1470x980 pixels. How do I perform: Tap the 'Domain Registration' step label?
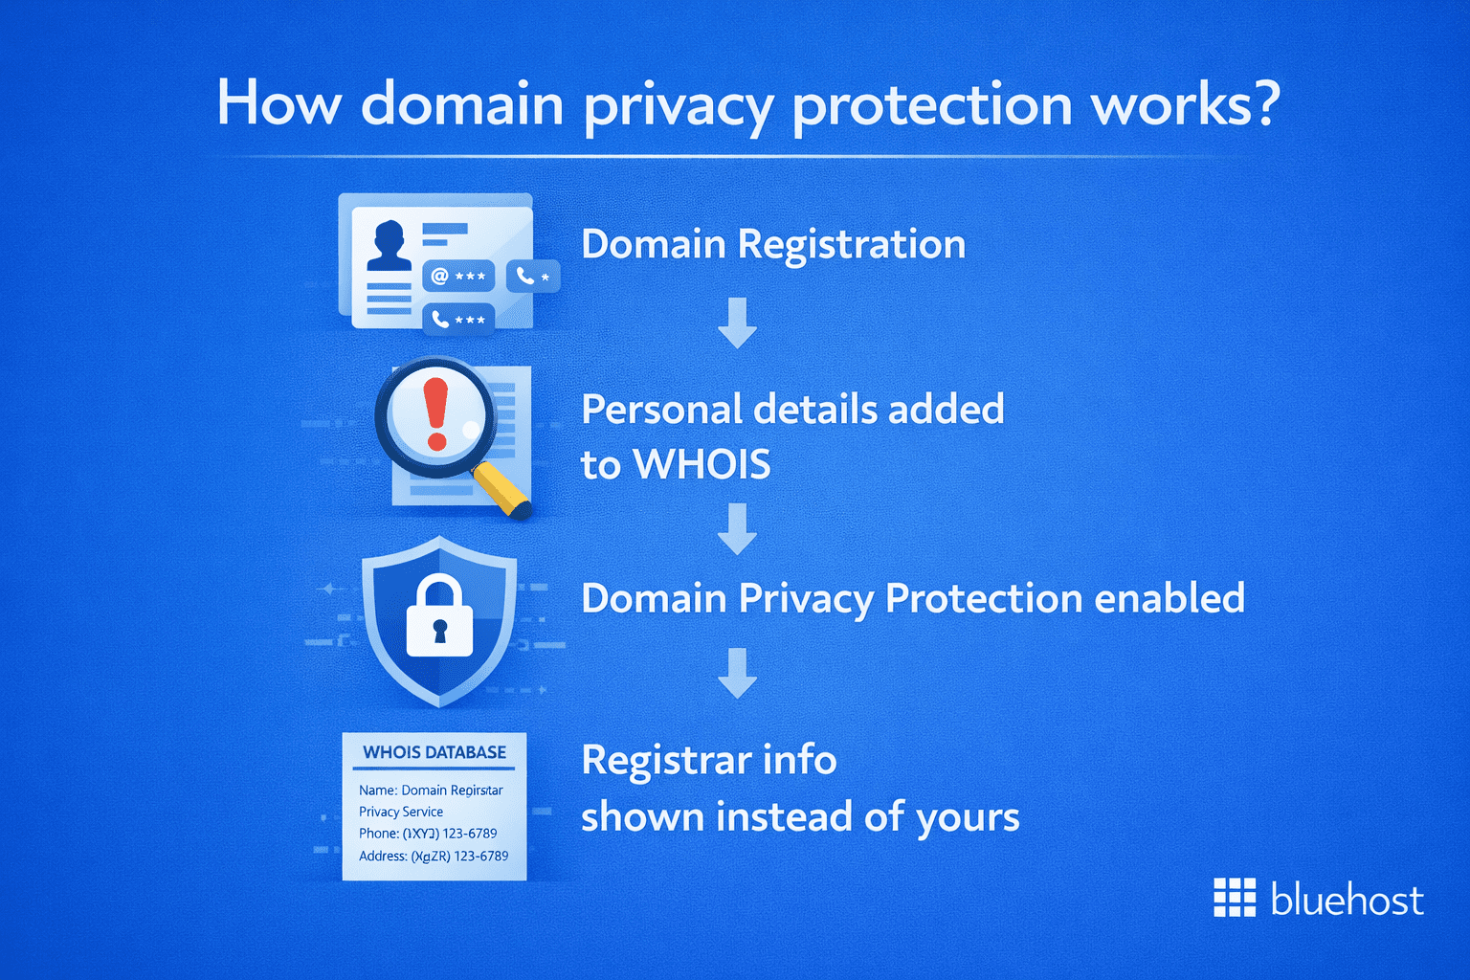773,244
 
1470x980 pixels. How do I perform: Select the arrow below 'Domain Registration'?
737,323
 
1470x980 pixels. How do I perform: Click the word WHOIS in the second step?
702,465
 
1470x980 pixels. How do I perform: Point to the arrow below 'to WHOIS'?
737,528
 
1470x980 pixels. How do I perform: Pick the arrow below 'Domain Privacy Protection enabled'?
737,673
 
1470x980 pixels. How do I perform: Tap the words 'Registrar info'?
709,761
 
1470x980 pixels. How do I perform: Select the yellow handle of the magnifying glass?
502,489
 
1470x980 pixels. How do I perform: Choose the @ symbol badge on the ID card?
457,277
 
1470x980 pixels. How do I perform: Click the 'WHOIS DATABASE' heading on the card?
434,752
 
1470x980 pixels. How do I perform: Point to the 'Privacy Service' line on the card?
401,812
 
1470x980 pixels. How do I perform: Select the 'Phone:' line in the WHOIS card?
428,834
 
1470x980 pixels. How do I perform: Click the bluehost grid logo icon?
1235,898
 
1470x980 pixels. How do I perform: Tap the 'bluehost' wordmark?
1347,900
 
